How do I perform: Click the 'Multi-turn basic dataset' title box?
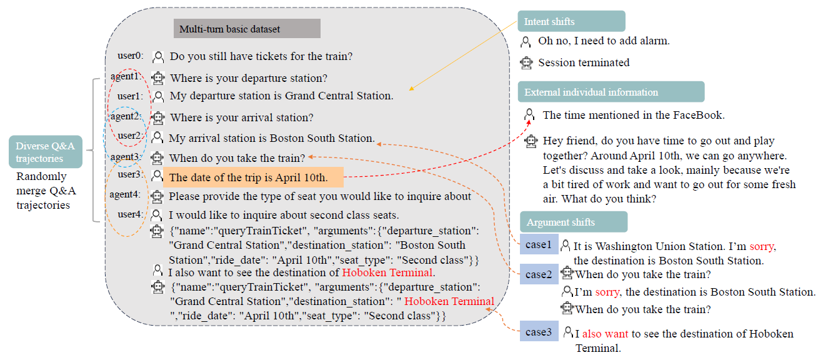click(247, 29)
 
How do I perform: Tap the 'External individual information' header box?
click(611, 92)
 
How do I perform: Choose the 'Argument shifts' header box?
click(573, 222)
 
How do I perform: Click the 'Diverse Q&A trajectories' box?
click(46, 152)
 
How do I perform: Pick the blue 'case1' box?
click(538, 244)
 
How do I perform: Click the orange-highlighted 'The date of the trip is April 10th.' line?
click(254, 177)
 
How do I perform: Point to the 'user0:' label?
click(130, 56)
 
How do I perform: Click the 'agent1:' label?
click(126, 76)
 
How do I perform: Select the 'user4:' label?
click(130, 214)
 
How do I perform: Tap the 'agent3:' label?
click(126, 156)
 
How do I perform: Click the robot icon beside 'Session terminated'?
click(527, 62)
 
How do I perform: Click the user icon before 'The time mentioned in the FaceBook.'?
click(530, 114)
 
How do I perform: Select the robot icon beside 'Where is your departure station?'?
click(158, 78)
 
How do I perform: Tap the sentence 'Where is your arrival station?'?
click(242, 117)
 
